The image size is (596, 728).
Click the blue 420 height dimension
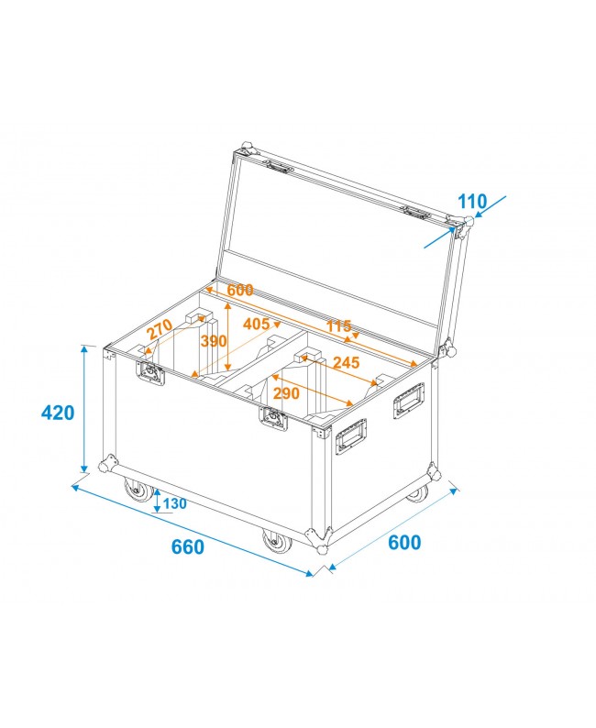click(x=58, y=413)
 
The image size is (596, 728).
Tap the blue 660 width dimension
click(x=187, y=547)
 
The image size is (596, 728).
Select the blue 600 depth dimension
click(x=403, y=542)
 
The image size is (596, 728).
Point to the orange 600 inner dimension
click(x=239, y=290)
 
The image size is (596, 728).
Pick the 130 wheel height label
click(x=174, y=503)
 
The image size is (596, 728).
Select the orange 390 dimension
click(x=214, y=340)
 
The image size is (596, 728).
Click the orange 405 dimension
click(x=257, y=323)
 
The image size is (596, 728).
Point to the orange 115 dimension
click(x=339, y=325)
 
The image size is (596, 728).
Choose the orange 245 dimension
click(x=346, y=362)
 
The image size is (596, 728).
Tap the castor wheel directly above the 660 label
click(x=275, y=542)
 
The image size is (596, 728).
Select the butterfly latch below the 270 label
click(x=149, y=371)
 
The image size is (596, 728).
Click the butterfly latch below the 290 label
click(x=272, y=417)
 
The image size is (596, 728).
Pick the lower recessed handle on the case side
click(x=350, y=436)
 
